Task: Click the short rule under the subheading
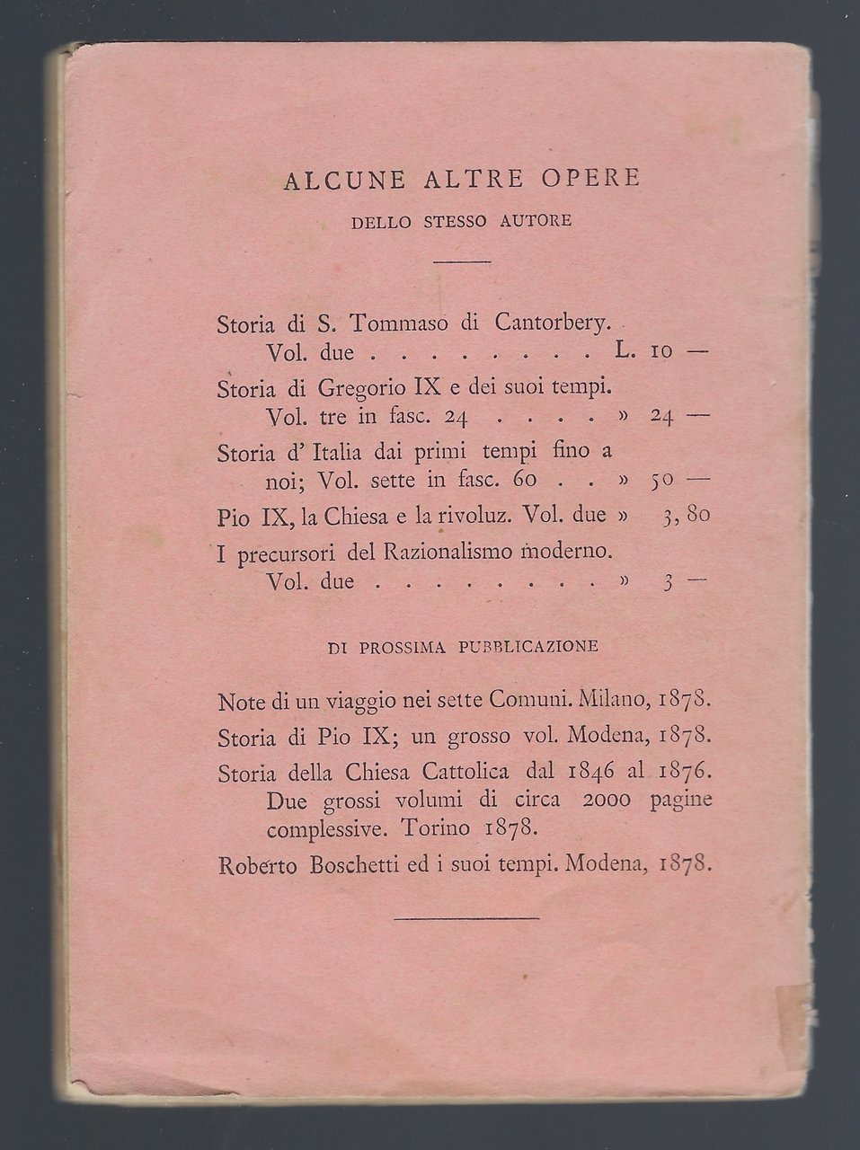click(x=462, y=261)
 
